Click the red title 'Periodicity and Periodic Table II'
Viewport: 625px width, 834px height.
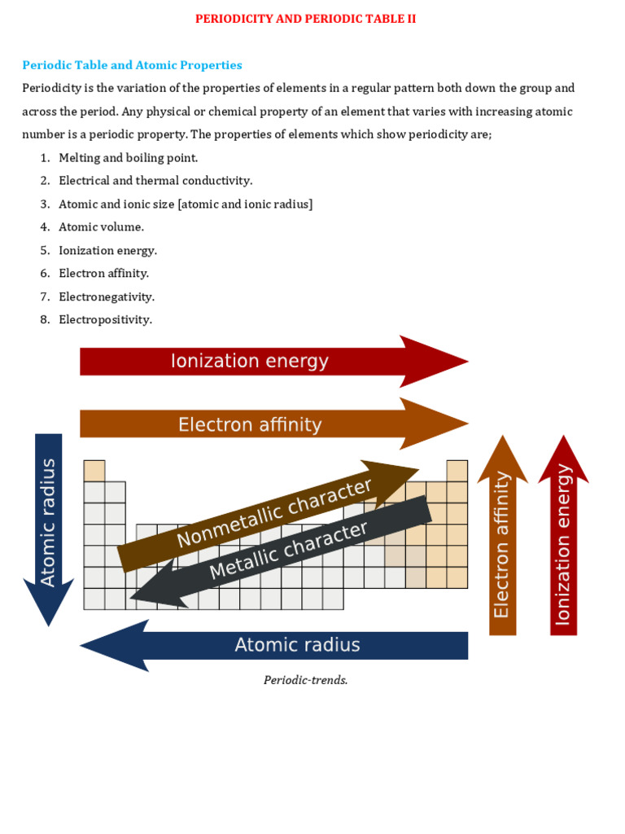tap(305, 19)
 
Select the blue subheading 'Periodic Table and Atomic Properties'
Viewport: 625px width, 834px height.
tap(132, 65)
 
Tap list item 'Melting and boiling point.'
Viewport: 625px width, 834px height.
tap(128, 158)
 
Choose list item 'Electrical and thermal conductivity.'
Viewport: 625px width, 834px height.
tap(155, 181)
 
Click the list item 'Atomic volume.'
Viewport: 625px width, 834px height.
tap(101, 227)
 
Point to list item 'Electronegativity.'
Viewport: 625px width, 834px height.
tap(107, 296)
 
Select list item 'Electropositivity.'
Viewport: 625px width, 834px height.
tap(105, 320)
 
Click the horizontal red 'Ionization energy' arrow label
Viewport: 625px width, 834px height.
tap(249, 361)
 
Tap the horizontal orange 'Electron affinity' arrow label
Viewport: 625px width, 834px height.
tap(250, 424)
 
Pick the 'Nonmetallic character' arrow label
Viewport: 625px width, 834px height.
tap(275, 513)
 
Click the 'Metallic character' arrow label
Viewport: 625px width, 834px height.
tap(289, 551)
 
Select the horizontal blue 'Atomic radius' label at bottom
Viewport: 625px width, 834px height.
tap(297, 645)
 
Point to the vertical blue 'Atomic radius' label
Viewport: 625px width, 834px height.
tap(49, 522)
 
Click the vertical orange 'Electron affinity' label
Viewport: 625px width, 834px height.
tap(502, 545)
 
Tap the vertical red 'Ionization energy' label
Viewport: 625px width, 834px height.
tap(563, 545)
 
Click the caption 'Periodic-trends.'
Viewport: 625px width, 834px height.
tap(305, 680)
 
